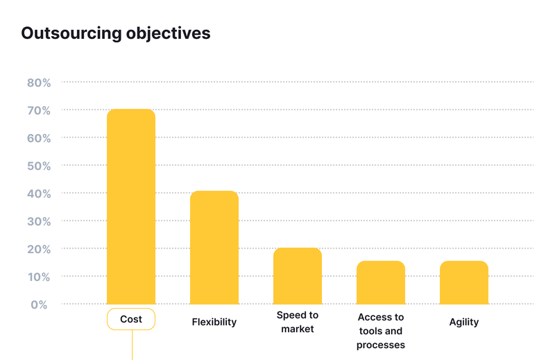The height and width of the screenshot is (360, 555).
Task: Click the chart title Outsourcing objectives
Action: [x=115, y=33]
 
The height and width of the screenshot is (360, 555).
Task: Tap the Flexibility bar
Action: [x=214, y=248]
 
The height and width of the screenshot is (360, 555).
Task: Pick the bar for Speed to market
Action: [x=297, y=276]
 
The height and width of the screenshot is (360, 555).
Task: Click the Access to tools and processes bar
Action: [x=381, y=282]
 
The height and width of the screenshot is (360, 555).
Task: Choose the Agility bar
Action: [x=463, y=282]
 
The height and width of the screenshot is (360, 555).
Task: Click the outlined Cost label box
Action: [x=130, y=319]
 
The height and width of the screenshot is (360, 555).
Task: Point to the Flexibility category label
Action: [x=214, y=322]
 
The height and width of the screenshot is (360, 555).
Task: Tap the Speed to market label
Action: [x=297, y=322]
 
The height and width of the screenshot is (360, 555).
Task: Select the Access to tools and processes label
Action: [x=381, y=331]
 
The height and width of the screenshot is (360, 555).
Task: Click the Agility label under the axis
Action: [x=463, y=322]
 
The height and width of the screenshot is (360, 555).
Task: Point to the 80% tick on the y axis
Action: [x=39, y=83]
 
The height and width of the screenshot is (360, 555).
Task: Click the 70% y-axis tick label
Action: [x=39, y=110]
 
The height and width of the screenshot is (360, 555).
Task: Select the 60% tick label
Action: [x=39, y=138]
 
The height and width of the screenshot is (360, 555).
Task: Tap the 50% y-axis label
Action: [x=39, y=166]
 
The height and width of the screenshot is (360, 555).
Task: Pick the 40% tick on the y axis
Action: [x=39, y=194]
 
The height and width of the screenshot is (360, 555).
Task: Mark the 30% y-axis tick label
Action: [x=39, y=221]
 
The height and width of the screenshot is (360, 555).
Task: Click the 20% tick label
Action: [x=39, y=249]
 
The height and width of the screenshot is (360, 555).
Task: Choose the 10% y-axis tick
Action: [x=39, y=277]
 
